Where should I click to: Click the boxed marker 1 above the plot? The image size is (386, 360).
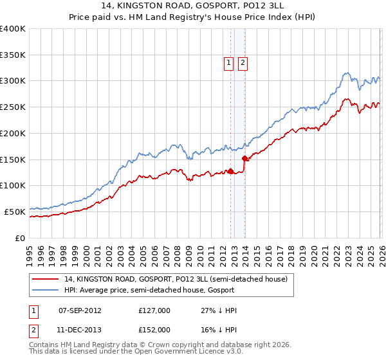tap(229, 62)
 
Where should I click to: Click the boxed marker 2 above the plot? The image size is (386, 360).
tap(243, 62)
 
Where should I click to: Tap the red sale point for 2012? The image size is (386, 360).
tap(230, 171)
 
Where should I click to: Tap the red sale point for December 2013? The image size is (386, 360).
tap(244, 158)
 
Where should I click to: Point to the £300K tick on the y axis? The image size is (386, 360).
tap(13, 81)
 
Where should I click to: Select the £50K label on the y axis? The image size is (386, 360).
tap(15, 212)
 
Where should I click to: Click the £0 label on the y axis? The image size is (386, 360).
tap(19, 238)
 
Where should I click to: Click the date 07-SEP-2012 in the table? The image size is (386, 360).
tap(80, 310)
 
